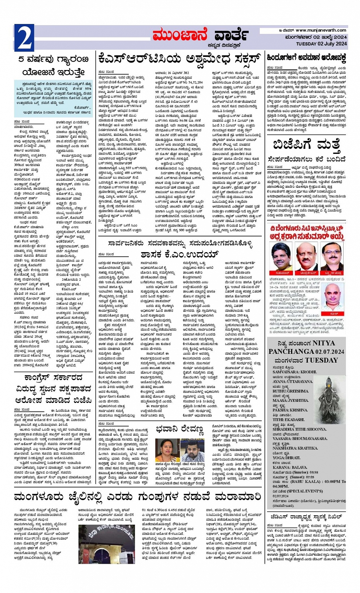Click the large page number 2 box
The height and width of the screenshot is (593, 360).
pos(24,38)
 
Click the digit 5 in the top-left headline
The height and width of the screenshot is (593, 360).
pos(22,60)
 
